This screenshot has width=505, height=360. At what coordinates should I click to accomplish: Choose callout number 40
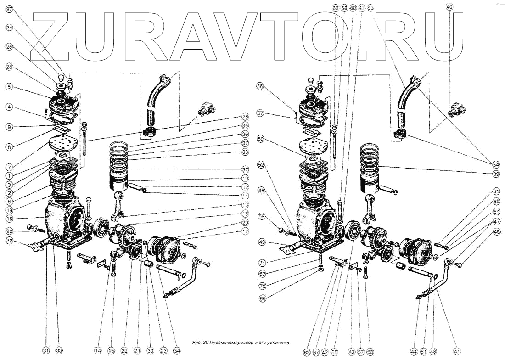tap(449, 7)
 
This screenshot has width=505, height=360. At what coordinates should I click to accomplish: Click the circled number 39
tap(495, 174)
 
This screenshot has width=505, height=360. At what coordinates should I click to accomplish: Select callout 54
tap(495, 164)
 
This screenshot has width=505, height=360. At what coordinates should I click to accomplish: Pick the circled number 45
tap(495, 232)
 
